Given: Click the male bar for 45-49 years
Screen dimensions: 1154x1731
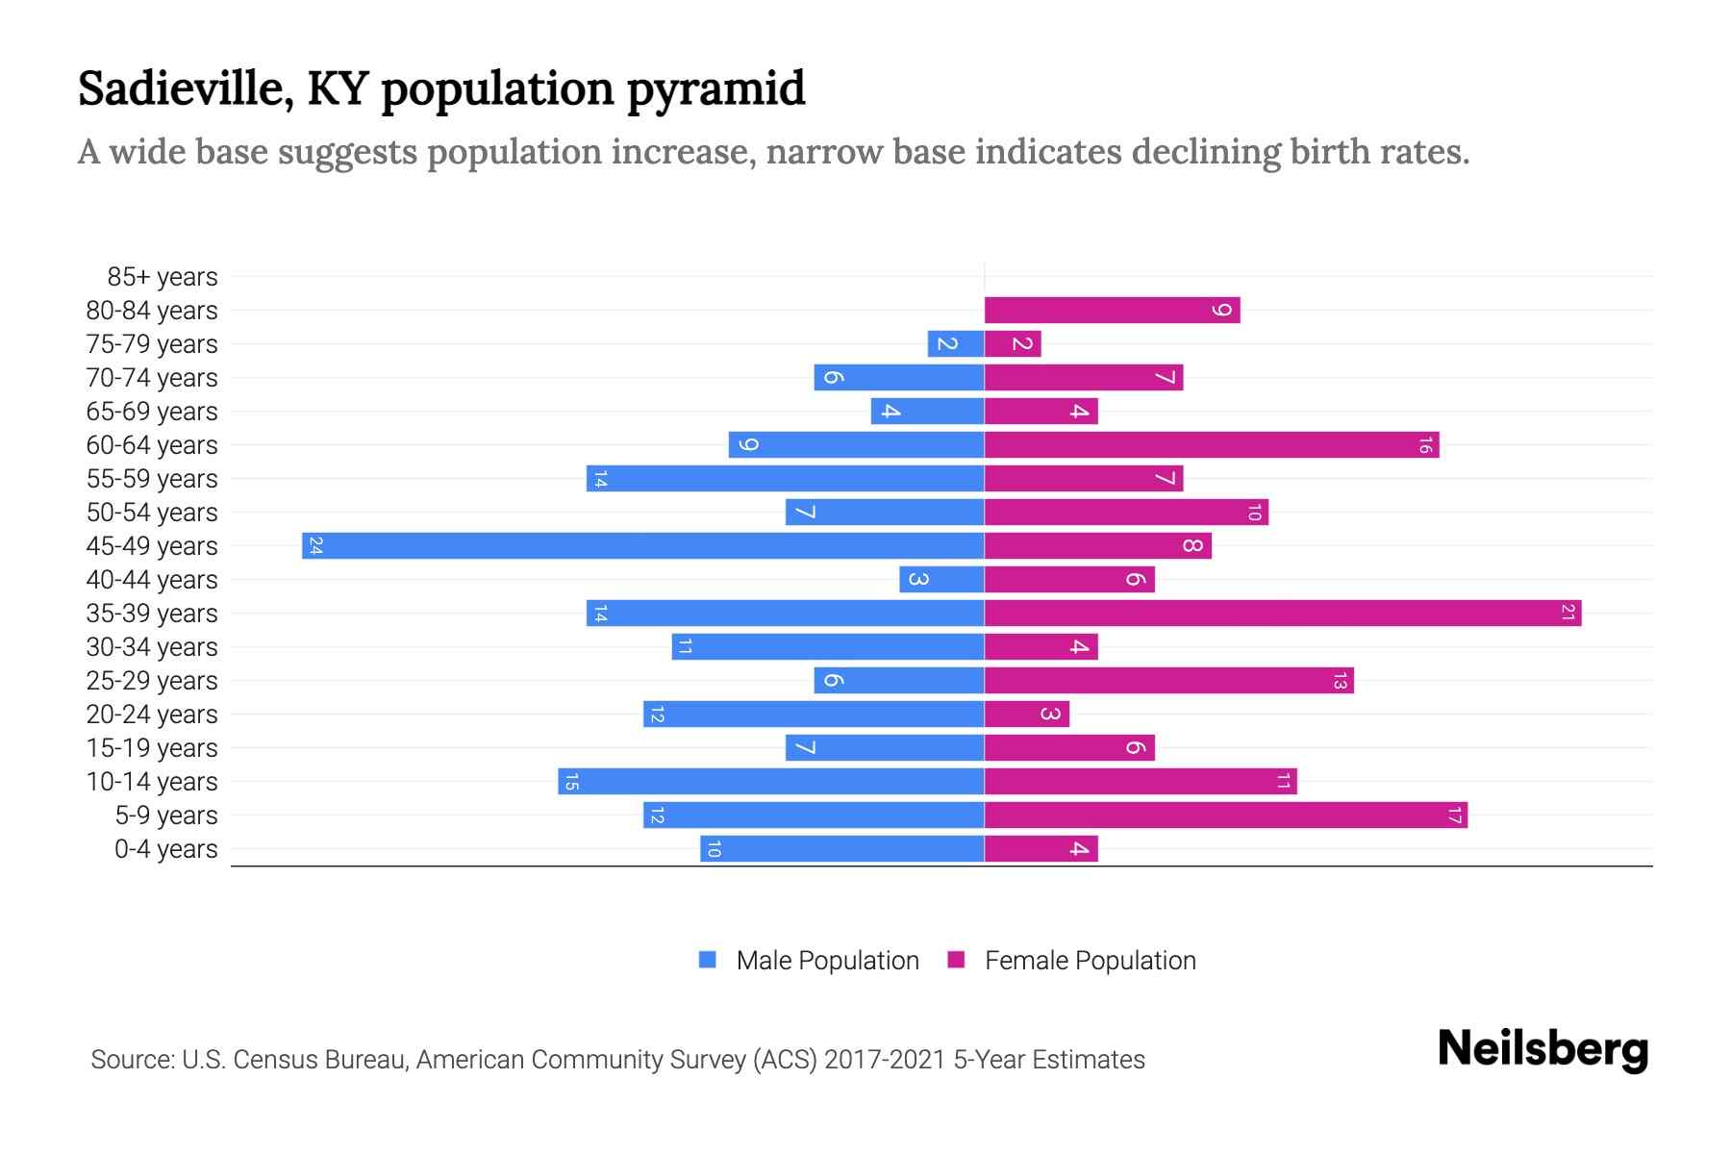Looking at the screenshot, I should click(642, 545).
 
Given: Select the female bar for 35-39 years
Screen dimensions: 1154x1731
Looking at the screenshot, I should click(1283, 613).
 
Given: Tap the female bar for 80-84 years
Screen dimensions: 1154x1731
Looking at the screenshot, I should click(1112, 310).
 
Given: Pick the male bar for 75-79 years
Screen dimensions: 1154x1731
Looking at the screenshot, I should click(955, 343).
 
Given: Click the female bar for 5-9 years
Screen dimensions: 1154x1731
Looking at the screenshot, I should click(1225, 815).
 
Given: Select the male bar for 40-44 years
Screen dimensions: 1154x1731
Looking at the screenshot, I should click(941, 579).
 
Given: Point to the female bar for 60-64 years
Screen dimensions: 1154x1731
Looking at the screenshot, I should click(1212, 444).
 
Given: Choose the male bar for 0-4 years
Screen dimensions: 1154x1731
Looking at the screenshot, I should click(841, 848).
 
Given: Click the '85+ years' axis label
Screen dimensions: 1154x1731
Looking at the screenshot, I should click(162, 277).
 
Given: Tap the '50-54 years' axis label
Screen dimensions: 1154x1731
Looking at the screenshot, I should click(152, 513).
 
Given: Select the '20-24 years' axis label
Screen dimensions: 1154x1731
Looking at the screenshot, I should click(152, 715).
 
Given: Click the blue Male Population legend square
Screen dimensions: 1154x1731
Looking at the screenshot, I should click(708, 960).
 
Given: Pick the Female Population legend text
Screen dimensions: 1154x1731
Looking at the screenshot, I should click(1090, 960).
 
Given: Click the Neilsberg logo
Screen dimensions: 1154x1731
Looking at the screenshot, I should click(1543, 1049).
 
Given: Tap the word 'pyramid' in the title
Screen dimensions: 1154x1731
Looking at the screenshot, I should click(715, 88).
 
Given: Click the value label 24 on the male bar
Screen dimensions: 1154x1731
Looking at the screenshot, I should click(315, 546).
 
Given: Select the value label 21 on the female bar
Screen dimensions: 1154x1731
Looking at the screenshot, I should click(1567, 613).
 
